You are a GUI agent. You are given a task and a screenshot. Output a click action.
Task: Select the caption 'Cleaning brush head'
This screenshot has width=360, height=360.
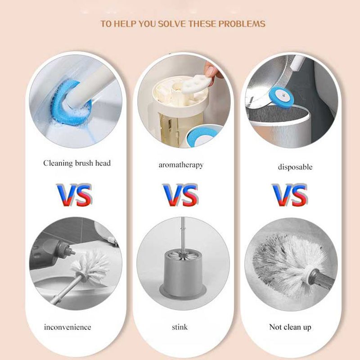click(77, 163)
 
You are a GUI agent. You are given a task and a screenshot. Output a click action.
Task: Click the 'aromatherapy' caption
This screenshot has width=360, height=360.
click(181, 165)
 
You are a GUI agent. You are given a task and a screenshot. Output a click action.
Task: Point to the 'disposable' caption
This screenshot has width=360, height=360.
click(295, 167)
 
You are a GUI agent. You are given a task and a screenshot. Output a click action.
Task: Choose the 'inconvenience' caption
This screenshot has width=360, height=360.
click(67, 327)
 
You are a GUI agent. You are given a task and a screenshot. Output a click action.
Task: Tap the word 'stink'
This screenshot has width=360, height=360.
click(180, 327)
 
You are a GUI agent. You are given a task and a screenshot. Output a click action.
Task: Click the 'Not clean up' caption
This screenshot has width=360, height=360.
click(290, 327)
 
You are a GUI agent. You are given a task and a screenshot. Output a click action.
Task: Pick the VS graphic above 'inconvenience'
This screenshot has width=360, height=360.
click(74, 195)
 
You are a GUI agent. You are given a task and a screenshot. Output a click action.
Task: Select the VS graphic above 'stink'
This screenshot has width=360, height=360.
click(181, 195)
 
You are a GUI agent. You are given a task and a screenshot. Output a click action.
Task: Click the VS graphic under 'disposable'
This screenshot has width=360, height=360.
click(290, 195)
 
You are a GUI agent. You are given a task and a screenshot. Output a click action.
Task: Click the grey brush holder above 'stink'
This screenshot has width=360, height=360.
click(183, 273)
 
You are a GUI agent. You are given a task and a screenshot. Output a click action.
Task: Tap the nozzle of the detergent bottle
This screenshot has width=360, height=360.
click(72, 252)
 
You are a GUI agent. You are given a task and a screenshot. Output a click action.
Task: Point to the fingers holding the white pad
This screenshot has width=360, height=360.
click(212, 70)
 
